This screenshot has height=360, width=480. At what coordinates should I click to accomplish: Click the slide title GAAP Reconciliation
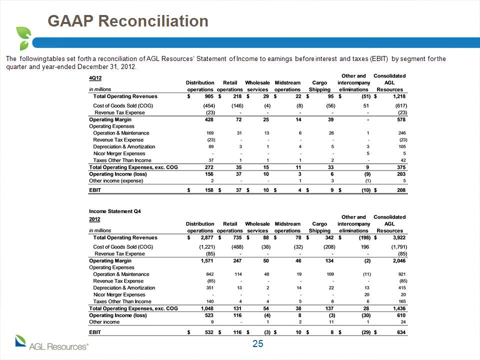(128, 21)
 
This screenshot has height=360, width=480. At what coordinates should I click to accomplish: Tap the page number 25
(258, 344)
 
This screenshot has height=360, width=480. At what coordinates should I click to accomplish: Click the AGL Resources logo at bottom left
(51, 343)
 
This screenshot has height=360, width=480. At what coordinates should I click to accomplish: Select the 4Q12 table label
(95, 78)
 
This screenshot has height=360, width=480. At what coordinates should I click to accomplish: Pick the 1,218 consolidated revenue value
(399, 96)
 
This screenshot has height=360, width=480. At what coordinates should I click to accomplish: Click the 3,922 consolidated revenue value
(399, 237)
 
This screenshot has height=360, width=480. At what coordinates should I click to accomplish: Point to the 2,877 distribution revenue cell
(207, 237)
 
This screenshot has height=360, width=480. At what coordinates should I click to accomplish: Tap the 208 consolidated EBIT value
(401, 190)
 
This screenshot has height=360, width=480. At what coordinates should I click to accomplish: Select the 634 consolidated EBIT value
(401, 332)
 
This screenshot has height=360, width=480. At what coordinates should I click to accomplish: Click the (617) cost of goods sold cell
(401, 105)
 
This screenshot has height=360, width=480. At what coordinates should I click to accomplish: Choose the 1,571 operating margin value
(207, 261)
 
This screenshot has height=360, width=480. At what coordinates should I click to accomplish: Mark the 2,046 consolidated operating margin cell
(399, 261)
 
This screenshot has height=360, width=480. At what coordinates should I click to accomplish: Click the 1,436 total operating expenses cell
(399, 308)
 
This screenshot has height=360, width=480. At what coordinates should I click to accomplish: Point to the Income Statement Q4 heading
(115, 211)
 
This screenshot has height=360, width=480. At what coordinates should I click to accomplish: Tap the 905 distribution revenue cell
(209, 96)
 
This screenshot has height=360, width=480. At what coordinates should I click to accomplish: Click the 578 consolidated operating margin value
(401, 119)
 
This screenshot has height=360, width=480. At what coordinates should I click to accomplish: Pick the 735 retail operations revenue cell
(237, 237)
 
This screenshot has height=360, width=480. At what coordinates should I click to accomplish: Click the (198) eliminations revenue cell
(364, 237)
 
